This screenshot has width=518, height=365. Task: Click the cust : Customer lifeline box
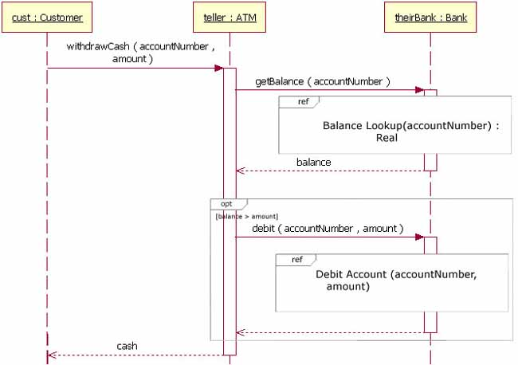click(x=47, y=18)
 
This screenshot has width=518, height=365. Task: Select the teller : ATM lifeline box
click(x=230, y=18)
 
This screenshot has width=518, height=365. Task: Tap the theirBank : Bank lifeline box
click(x=430, y=18)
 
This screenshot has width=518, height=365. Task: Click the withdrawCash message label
click(x=140, y=53)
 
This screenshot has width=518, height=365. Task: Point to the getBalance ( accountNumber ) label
click(x=322, y=81)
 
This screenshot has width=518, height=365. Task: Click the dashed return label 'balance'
click(x=313, y=163)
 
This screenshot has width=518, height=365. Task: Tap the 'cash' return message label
click(x=127, y=347)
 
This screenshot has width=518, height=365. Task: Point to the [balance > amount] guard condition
click(x=246, y=216)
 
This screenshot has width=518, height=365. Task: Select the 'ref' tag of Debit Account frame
click(x=296, y=259)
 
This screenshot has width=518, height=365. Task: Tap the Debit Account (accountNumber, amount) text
click(x=385, y=280)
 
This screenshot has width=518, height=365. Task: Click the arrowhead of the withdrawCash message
click(x=218, y=69)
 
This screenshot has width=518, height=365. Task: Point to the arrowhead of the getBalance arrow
click(x=419, y=90)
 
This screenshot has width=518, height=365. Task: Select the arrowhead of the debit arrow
click(x=419, y=237)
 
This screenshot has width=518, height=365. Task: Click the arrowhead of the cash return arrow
click(x=50, y=355)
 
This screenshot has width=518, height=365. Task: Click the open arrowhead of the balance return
click(x=240, y=171)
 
